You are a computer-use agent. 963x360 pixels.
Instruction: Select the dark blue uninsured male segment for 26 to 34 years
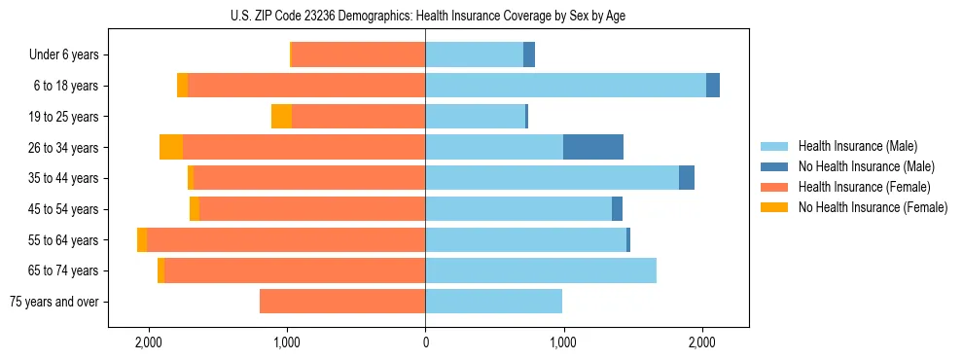click(x=593, y=147)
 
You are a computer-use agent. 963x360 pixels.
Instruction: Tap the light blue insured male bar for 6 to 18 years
click(x=565, y=86)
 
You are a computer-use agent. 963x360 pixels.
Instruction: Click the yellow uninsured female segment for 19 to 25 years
click(x=281, y=117)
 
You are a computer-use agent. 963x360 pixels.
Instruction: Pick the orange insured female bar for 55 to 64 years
click(x=286, y=239)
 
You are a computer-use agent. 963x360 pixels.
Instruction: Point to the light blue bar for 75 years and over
click(x=493, y=302)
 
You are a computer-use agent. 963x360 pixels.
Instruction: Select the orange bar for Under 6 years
click(x=358, y=55)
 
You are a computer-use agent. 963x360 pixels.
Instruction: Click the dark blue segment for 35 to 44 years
click(x=687, y=178)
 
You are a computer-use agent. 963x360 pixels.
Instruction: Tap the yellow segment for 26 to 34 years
click(x=171, y=147)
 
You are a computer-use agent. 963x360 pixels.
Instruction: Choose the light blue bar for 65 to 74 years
click(x=541, y=270)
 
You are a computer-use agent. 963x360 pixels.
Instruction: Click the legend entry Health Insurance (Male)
click(x=857, y=146)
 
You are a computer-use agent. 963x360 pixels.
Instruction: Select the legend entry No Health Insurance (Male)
click(x=866, y=166)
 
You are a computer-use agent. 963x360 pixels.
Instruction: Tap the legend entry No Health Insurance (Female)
click(x=873, y=207)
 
